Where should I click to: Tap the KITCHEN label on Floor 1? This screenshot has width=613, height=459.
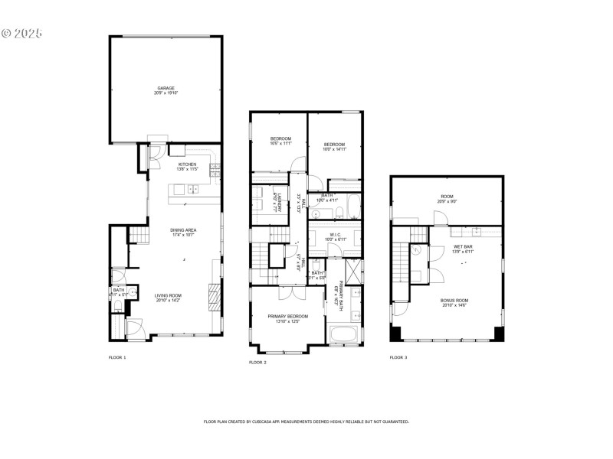coord(187,164)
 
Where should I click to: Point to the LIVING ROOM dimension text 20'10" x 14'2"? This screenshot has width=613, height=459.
coord(167,301)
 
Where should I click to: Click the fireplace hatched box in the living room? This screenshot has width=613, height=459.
coord(215,295)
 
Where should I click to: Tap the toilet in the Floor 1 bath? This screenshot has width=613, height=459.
coord(117,306)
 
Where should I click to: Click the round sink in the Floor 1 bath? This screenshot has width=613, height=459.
coord(132,291)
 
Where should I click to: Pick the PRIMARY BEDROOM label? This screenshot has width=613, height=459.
coord(288,316)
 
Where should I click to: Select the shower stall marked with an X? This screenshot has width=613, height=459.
coord(354,272)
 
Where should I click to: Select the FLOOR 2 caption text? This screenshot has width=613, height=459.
coord(257,362)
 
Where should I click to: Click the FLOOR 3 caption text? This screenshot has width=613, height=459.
coord(398,357)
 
